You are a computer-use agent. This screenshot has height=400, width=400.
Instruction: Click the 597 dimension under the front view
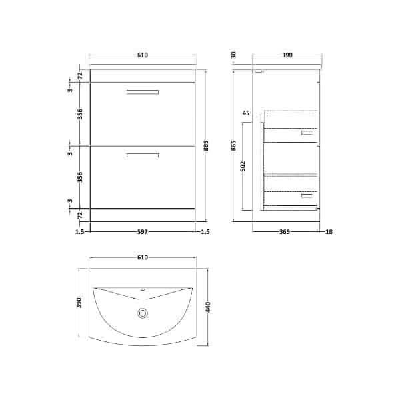[x=143, y=231]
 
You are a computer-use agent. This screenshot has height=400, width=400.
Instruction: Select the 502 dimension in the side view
[x=243, y=166]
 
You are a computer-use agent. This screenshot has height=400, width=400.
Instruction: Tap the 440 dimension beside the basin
[x=208, y=307]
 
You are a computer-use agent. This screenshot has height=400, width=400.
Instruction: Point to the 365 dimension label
[x=285, y=231]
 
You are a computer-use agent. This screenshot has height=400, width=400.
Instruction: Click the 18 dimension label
[x=329, y=231]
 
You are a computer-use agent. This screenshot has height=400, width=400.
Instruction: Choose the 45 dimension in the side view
[x=246, y=113]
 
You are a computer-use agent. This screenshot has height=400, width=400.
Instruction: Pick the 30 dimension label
[x=233, y=55]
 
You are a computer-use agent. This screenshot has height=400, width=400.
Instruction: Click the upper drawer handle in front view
[x=143, y=92]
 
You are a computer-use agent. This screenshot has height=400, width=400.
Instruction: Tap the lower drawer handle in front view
[x=143, y=155]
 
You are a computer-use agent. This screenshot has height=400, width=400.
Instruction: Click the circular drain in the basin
[x=143, y=313]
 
